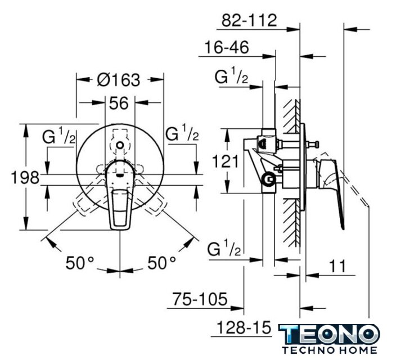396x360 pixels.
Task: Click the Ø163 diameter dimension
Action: [x=119, y=80]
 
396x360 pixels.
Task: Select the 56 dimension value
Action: [x=119, y=103]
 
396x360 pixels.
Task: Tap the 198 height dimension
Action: [x=25, y=177]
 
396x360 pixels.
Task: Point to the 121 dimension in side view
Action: [x=225, y=161]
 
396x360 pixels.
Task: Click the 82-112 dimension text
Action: [x=249, y=20]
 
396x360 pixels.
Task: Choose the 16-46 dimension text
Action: [x=227, y=47]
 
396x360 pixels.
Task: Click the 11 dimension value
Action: [x=337, y=265]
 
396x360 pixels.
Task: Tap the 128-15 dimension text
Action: [x=244, y=328]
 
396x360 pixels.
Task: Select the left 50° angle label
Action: [x=80, y=263]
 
